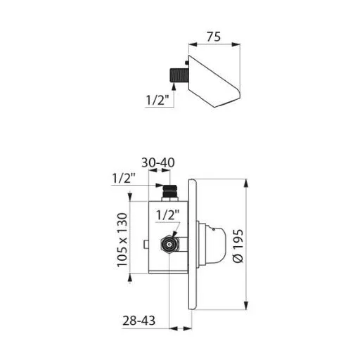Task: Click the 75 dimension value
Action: point(214,37)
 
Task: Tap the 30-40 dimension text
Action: point(158,162)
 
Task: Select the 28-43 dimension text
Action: point(139,321)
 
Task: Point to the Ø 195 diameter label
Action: point(238,246)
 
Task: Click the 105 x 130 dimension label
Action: point(122,240)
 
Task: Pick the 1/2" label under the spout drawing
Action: point(157,100)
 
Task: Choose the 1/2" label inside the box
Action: point(167,215)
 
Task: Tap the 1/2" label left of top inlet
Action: point(124,179)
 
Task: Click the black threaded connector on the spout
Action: point(179,75)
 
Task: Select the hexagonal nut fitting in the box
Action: point(169,244)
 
